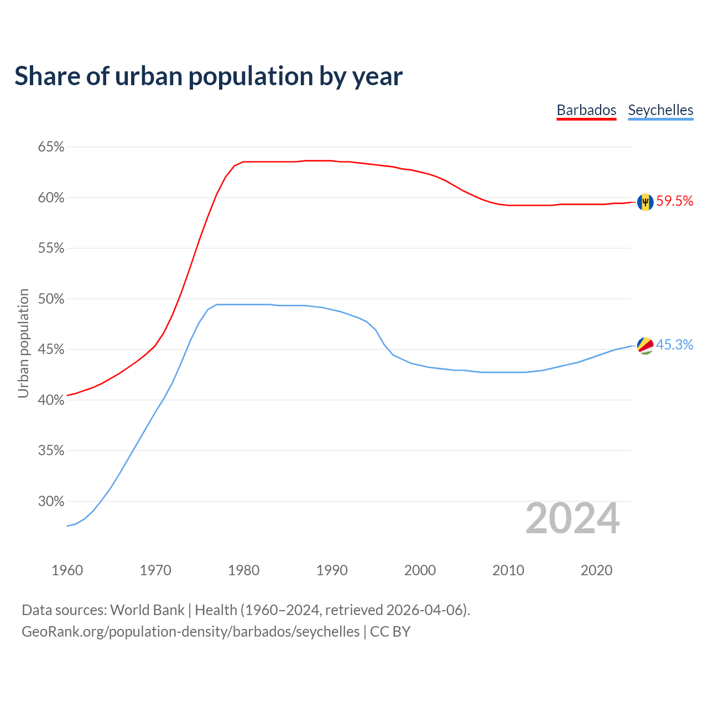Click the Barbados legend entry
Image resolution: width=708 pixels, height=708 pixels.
[586, 110]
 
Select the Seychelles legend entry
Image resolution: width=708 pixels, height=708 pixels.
[660, 110]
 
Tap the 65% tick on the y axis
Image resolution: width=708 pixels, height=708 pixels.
[51, 147]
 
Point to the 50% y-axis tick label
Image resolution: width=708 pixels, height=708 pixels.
[51, 299]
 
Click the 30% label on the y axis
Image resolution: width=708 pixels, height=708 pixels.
[51, 502]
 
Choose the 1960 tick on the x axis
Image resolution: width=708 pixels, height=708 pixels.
[67, 570]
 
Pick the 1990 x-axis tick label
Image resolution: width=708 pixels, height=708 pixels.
[332, 570]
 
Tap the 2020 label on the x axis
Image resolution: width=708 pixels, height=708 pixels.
[596, 570]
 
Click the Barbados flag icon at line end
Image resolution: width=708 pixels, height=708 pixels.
[645, 202]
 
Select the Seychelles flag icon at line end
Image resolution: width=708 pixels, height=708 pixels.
[645, 346]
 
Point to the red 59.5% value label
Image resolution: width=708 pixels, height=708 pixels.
[675, 201]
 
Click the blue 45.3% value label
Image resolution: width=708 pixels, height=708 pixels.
[675, 345]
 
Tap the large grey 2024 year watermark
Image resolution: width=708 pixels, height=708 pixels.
[572, 519]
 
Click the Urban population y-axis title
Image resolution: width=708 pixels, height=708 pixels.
[23, 343]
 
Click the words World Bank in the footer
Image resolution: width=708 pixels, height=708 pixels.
[147, 610]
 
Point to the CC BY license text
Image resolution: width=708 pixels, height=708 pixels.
[390, 632]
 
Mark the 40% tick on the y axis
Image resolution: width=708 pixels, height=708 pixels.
[51, 400]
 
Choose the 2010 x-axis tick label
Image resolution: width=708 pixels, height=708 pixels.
[508, 570]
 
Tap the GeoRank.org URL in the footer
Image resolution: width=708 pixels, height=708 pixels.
[190, 632]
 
